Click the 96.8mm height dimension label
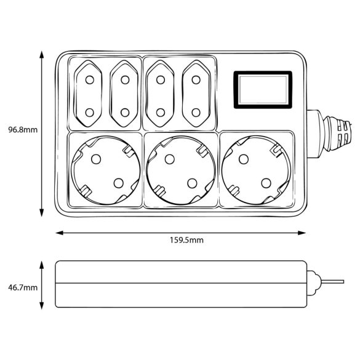[23, 130]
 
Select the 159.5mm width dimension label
[186, 240]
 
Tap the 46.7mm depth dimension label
[23, 287]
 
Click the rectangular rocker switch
[263, 90]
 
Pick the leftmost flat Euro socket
[90, 94]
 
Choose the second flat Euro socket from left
[125, 94]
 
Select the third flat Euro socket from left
[160, 94]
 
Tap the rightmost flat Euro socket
[196, 94]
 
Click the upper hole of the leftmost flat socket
[90, 80]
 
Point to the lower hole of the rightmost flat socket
[196, 113]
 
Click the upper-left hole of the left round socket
[96, 159]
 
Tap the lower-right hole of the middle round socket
[192, 183]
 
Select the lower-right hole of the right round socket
[266, 183]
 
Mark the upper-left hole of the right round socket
[244, 159]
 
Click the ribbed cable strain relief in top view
[337, 134]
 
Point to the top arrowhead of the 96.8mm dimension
[42, 55]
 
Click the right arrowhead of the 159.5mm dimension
[302, 233]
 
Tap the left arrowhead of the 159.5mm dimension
[60, 233]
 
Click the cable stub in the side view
[332, 282]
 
